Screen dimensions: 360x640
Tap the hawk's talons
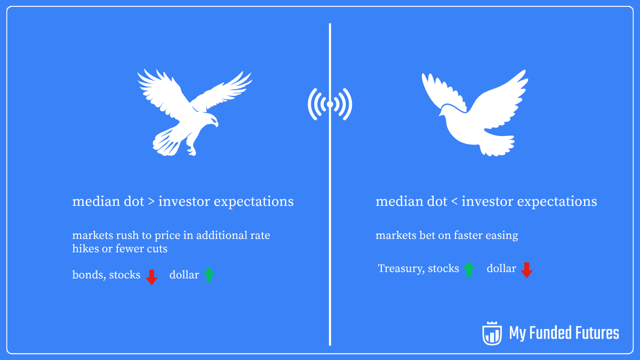point(190,148)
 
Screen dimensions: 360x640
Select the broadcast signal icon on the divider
point(330,104)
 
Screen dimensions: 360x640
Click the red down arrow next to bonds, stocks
point(151,277)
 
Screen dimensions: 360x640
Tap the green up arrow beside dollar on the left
point(209,275)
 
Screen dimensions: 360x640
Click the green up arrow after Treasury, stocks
point(468,269)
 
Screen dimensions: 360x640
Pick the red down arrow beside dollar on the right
point(526,270)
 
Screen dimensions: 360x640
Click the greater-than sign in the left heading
point(151,202)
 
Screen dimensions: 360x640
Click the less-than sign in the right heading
point(454,202)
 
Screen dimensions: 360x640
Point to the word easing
point(501,236)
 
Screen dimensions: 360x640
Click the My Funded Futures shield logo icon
point(491,333)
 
